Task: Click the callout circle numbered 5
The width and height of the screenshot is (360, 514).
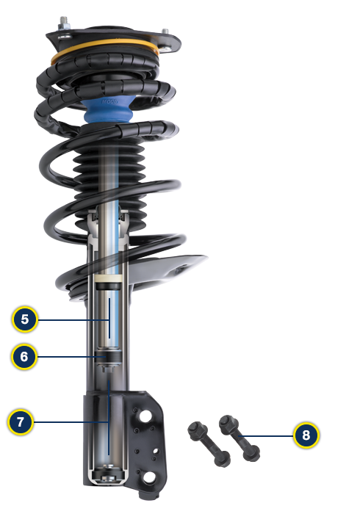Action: pyautogui.click(x=24, y=319)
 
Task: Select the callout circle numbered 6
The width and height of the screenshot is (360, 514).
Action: pyautogui.click(x=24, y=357)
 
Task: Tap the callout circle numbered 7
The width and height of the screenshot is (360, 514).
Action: pyautogui.click(x=21, y=422)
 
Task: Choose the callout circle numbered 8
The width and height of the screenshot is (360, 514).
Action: pyautogui.click(x=306, y=435)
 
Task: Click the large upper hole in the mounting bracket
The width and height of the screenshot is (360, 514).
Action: pyautogui.click(x=145, y=416)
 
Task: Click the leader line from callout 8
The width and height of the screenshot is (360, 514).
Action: pyautogui.click(x=268, y=435)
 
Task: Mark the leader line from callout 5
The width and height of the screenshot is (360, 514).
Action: pyautogui.click(x=73, y=319)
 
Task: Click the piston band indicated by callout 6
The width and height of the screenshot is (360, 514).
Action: pyautogui.click(x=110, y=358)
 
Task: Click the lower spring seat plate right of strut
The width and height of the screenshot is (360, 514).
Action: pyautogui.click(x=176, y=268)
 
